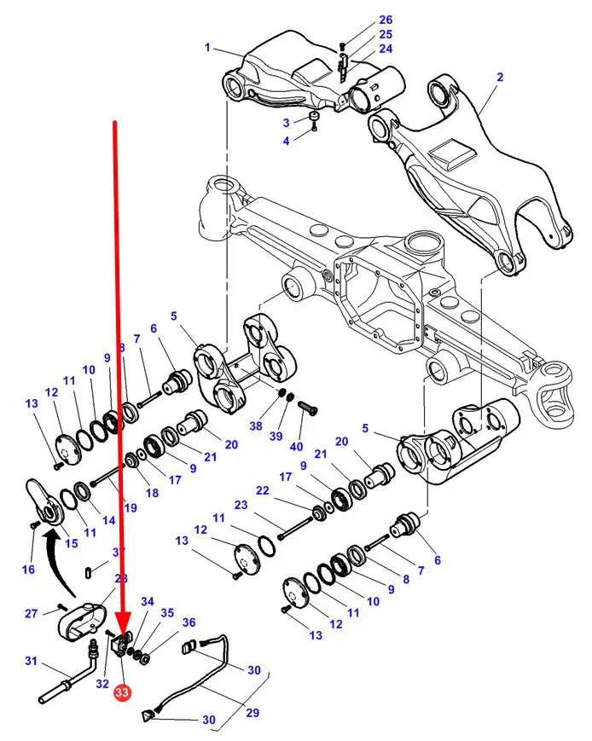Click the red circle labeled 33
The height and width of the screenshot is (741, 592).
pos(122,694)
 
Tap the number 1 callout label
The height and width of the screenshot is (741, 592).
pos(206,48)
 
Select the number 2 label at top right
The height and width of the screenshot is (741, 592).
pos(500,77)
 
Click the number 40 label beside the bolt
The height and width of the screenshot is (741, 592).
pos(297,447)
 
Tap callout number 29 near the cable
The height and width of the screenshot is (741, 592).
pos(252,713)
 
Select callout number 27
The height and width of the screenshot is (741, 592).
pos(31,613)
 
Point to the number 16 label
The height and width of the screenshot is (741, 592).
pos(29,570)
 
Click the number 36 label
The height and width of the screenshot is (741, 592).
pos(189,622)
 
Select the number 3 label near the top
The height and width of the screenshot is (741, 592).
pos(287,121)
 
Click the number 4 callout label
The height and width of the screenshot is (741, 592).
pos(287,140)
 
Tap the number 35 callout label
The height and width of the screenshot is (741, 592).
pos(167,612)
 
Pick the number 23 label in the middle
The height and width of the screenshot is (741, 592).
pos(241,505)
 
